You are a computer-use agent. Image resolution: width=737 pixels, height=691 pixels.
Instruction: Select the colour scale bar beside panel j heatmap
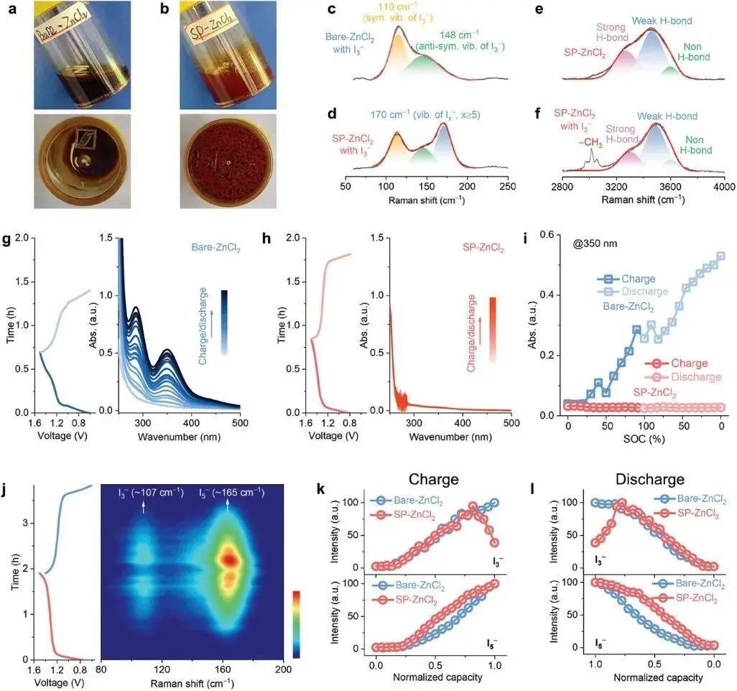tap(299, 623)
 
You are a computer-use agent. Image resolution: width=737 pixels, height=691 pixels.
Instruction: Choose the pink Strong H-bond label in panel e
tap(611, 32)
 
